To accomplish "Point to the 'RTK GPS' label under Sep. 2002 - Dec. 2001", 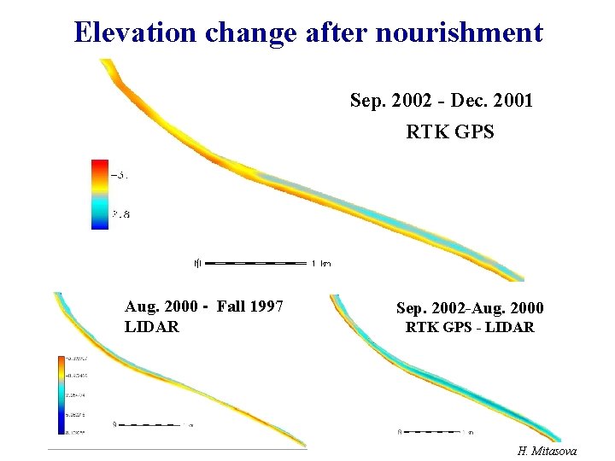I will click(x=449, y=132).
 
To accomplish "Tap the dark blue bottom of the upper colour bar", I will click(x=101, y=224).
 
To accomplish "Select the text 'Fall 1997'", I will click(x=251, y=306).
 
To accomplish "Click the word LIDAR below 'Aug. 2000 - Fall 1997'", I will click(x=152, y=326).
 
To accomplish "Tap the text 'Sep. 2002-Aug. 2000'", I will click(x=469, y=308).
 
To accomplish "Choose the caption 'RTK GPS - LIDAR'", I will click(x=469, y=327).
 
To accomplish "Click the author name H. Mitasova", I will click(x=547, y=450).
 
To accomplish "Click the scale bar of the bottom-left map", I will click(x=150, y=423).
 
